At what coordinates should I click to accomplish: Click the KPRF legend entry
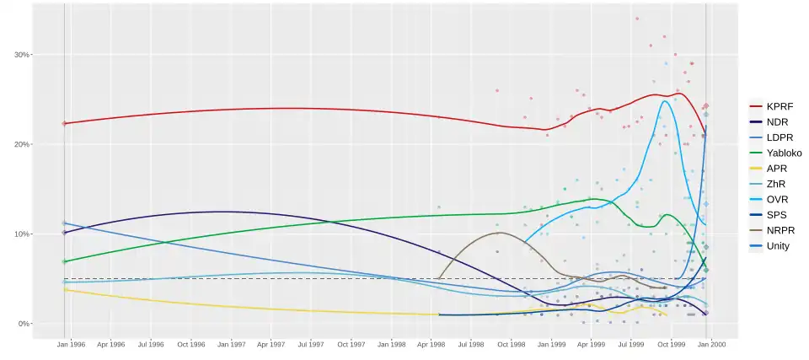[779, 107]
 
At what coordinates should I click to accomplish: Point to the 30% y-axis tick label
[21, 55]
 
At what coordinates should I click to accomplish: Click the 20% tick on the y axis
[21, 144]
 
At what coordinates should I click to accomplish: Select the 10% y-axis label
[21, 234]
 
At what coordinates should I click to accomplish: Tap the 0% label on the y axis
[24, 324]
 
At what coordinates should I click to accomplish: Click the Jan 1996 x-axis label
[71, 344]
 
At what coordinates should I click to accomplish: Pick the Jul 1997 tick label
[311, 344]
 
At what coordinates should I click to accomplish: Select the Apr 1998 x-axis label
[431, 344]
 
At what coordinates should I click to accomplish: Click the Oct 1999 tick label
[671, 344]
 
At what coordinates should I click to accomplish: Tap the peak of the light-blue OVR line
[665, 101]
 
